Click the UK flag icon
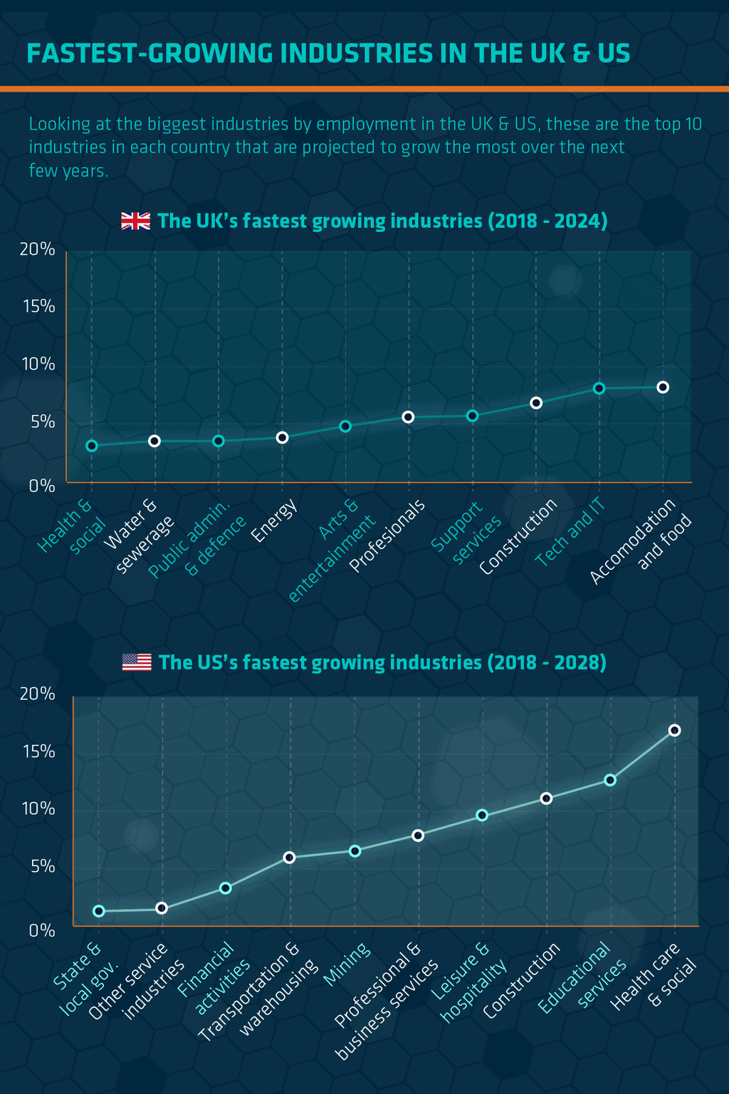135,221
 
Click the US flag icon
137,662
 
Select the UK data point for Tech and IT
599,388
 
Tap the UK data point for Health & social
92,446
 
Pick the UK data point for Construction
536,403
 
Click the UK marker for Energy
282,437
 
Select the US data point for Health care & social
674,730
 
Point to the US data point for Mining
355,851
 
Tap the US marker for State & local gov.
99,911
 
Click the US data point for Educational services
610,780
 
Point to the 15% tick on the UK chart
38,306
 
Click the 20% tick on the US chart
38,694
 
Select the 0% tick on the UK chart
42,486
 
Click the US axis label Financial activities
214,979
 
